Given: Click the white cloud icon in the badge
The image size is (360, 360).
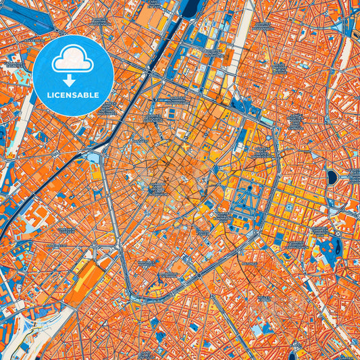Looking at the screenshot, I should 73,59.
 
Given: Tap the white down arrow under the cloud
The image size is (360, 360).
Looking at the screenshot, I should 73,80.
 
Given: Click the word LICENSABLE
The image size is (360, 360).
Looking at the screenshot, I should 72,95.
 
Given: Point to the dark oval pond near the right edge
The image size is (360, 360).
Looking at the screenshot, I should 332,177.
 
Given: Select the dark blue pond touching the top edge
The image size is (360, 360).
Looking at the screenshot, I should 190,7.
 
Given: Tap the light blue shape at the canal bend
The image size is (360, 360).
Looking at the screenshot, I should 93,157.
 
